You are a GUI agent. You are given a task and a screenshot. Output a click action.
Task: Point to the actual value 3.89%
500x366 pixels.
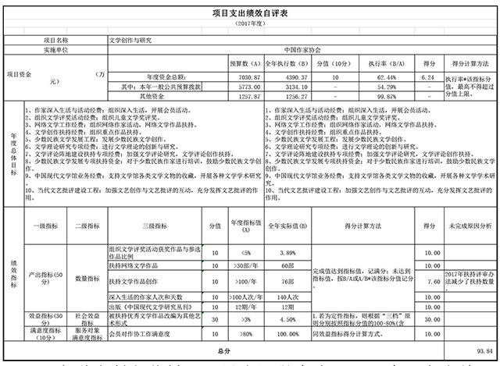pos(288,254)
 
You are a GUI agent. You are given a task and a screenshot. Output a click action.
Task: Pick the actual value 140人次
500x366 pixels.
pos(288,297)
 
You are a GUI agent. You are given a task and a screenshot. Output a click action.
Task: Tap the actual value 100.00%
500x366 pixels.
pos(288,334)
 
